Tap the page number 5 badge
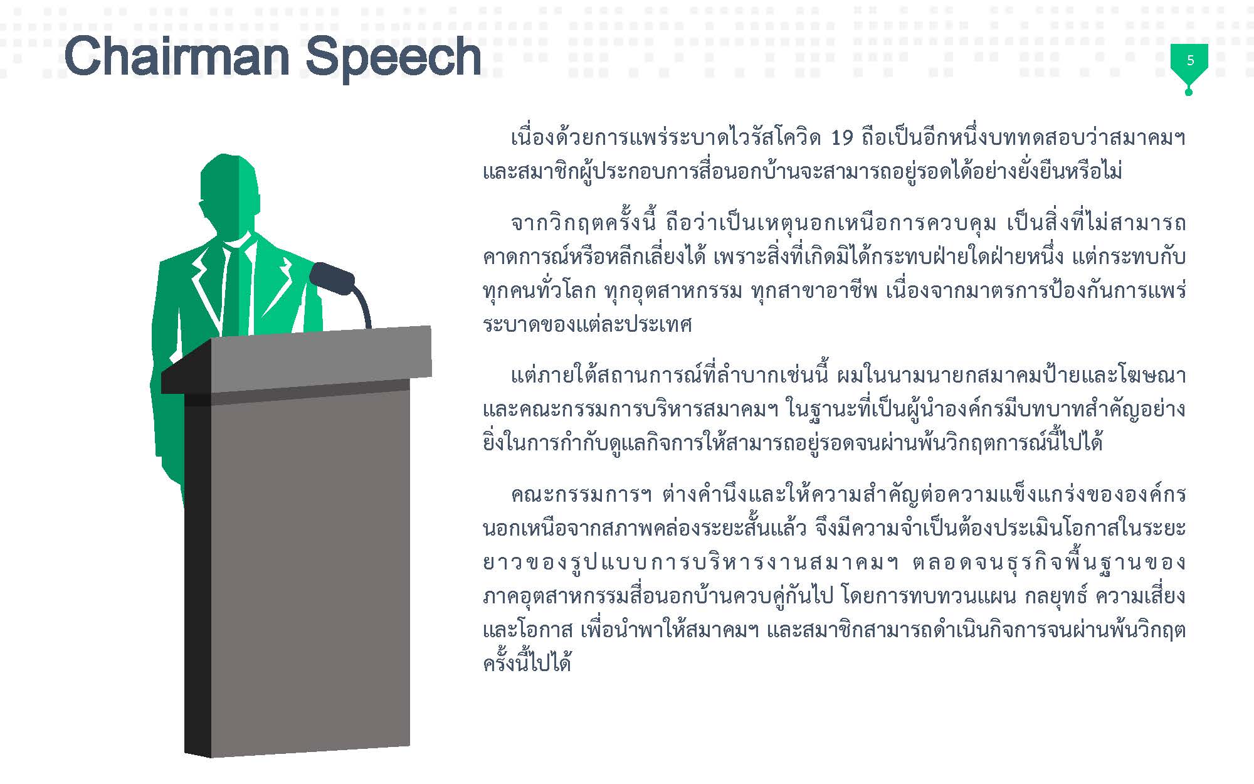(1189, 61)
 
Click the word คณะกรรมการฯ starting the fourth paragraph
(582, 495)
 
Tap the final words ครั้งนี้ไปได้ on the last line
(527, 663)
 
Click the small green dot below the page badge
(1189, 93)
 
